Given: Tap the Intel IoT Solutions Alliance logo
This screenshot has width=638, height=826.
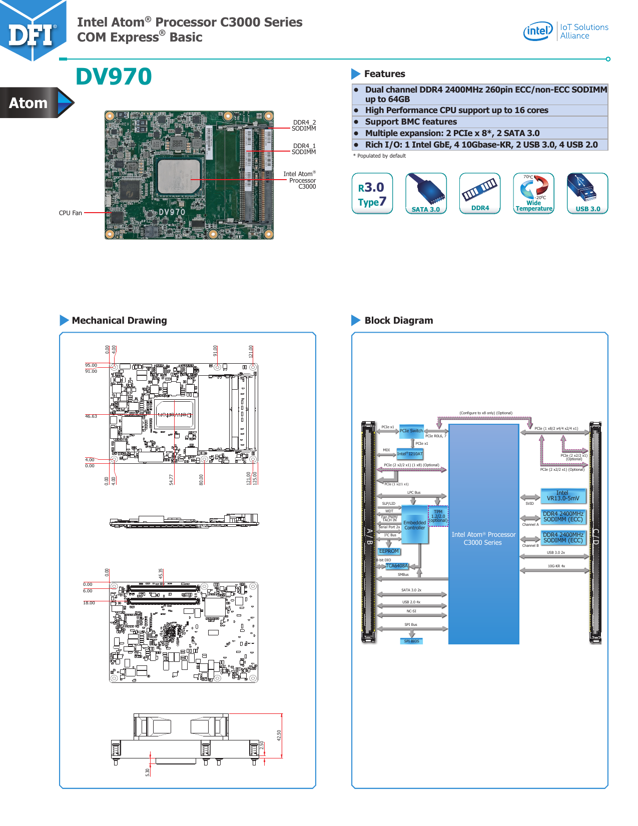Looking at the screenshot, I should point(565,31).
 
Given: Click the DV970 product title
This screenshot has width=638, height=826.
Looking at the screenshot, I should point(114,77).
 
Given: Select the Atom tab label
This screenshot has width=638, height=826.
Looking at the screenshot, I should point(29,103).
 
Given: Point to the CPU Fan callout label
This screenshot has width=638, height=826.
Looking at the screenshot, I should point(70,213).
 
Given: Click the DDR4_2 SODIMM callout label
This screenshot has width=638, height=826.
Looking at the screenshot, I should point(304,126).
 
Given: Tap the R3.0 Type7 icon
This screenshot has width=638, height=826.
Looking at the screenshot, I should point(372,194).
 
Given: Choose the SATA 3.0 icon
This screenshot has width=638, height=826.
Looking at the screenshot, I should point(426,194).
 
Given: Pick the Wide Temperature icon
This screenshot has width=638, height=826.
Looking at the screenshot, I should point(534,194).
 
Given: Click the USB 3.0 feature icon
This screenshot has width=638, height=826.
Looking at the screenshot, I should point(587,194).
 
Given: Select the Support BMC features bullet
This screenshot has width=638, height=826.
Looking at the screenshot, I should point(410,122).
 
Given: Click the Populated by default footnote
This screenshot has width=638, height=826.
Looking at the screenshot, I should point(380,156).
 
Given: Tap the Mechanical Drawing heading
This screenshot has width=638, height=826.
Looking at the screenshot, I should point(119,321).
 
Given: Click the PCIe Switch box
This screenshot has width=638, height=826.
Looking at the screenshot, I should point(411,431).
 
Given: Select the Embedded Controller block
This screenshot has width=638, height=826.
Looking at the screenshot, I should point(415,525).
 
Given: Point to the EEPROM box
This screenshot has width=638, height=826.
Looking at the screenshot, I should point(389,551).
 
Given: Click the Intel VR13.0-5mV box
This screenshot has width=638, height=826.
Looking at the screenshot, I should point(563,496).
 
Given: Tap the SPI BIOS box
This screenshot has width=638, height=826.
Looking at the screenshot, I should point(412,641).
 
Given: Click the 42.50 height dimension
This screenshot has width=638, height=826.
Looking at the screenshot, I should point(279,735).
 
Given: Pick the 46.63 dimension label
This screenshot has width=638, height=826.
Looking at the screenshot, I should point(91,416).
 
